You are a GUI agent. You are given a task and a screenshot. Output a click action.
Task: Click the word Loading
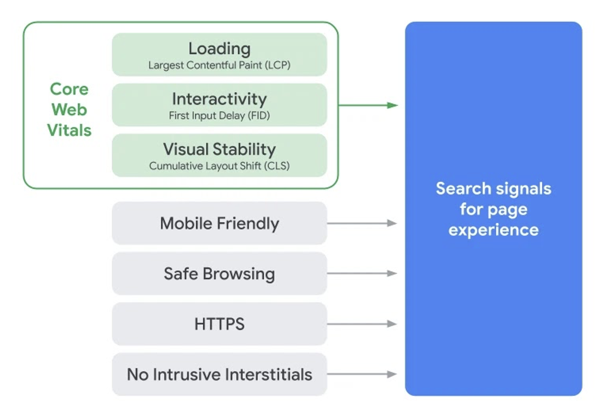point(219,49)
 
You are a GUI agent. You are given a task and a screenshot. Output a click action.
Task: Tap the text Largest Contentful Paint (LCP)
point(219,65)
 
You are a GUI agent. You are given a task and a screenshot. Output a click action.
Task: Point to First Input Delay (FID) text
point(219,116)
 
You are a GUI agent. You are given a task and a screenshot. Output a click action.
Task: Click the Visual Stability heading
point(219,149)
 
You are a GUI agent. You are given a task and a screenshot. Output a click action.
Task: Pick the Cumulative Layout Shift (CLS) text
point(219,166)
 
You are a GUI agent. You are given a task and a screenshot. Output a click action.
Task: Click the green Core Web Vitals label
point(69,109)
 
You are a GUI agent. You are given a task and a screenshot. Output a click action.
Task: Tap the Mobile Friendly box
point(219,223)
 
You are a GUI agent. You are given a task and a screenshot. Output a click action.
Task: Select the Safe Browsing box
point(219,273)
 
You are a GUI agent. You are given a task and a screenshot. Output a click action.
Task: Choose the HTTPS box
point(219,324)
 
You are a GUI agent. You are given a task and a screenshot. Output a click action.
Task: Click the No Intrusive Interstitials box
point(219,374)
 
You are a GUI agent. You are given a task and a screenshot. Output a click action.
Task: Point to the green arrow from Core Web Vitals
point(368,105)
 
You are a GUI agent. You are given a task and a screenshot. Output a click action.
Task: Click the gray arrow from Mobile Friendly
point(362,223)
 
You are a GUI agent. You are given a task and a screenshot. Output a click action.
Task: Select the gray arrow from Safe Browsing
point(362,273)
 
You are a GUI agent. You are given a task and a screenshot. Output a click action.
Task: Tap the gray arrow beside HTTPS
point(362,324)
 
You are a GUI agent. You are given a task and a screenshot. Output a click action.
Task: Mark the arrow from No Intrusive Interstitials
point(362,374)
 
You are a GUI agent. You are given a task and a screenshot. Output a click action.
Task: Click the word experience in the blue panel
point(494,231)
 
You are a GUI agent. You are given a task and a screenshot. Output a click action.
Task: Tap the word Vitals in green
point(69,130)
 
